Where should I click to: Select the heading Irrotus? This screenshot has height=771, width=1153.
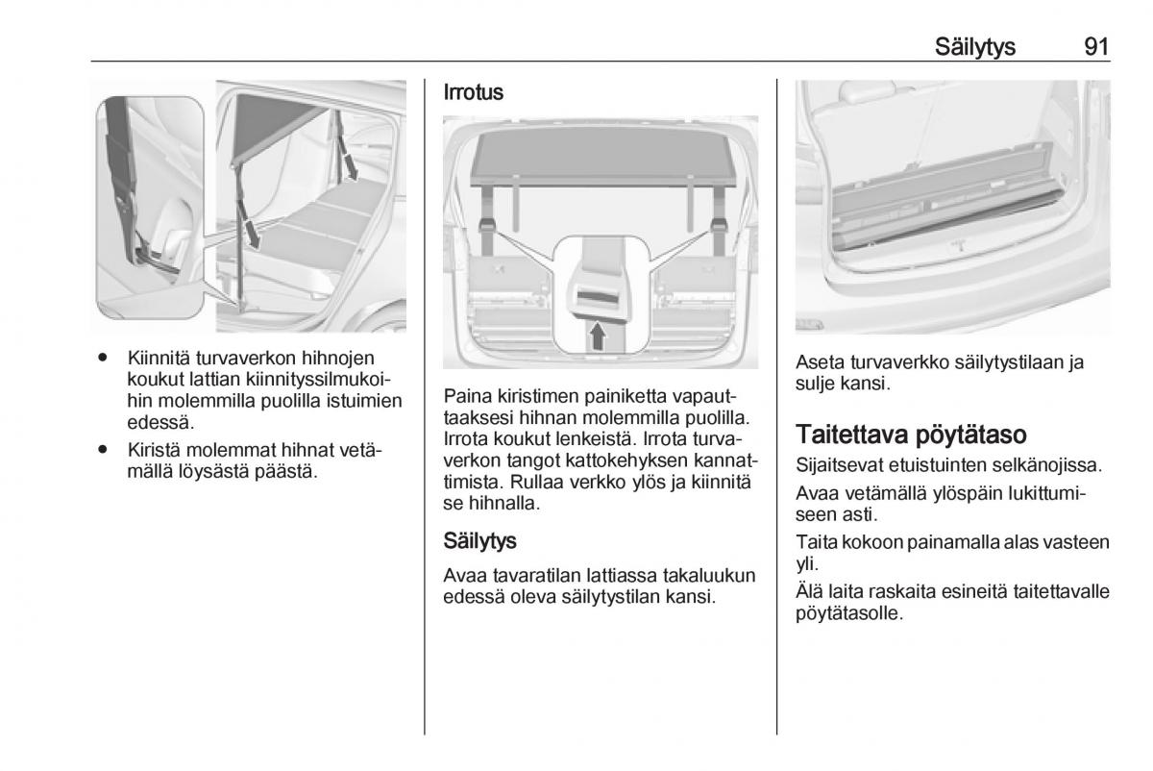[x=473, y=93]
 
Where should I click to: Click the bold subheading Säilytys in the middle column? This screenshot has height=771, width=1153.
[x=480, y=541]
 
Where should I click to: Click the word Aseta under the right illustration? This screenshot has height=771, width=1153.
[x=818, y=362]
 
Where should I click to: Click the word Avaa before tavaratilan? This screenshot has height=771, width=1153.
[x=464, y=575]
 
